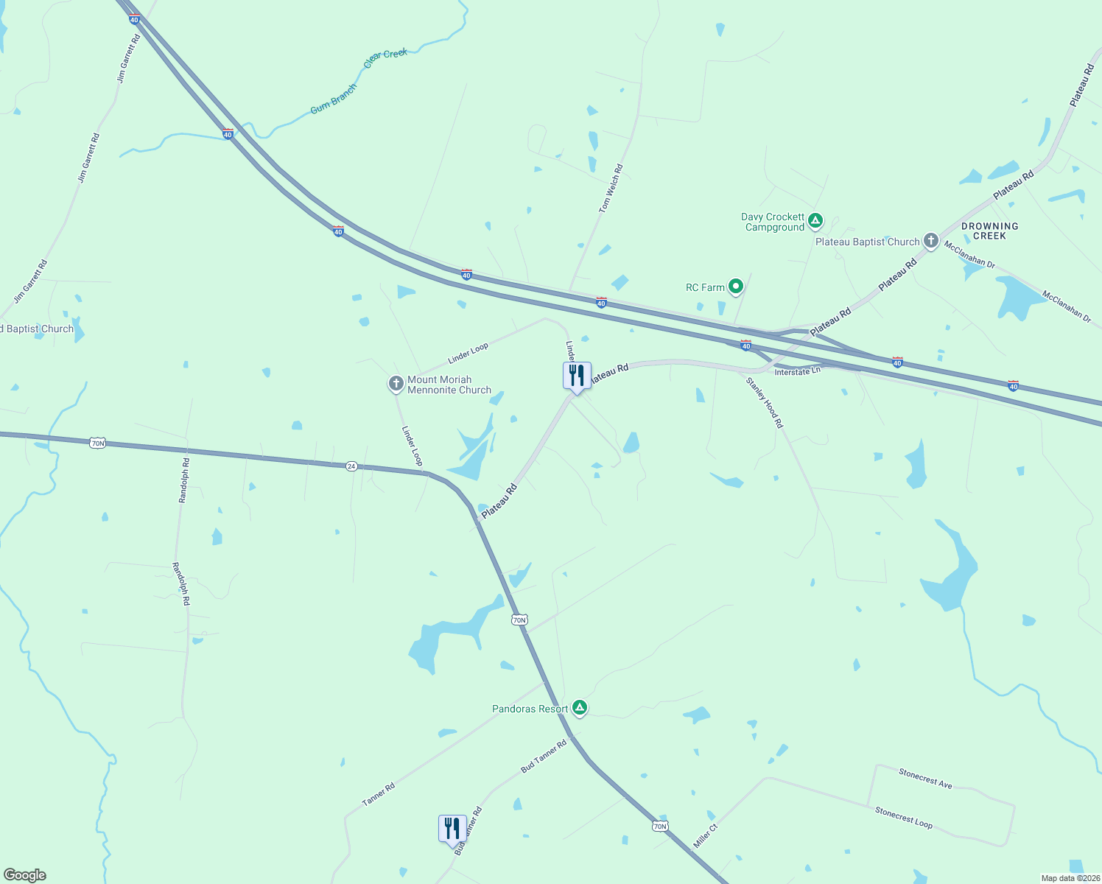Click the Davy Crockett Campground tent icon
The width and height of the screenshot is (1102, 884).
[815, 220]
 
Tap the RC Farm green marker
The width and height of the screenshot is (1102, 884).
[735, 287]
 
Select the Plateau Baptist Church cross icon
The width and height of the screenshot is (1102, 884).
[931, 240]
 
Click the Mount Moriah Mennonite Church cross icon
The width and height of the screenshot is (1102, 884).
[396, 383]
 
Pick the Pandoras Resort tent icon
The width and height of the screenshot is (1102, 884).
[580, 708]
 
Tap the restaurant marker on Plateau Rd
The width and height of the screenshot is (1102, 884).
[577, 376]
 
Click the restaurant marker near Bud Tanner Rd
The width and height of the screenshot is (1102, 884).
[452, 829]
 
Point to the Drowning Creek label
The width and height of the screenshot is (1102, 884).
[989, 231]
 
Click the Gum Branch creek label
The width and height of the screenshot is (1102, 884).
[334, 99]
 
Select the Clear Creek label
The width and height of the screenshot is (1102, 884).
[385, 58]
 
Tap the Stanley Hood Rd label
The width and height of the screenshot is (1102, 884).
[765, 403]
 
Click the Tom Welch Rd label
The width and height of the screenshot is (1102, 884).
[611, 189]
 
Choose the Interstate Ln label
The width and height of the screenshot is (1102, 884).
[797, 372]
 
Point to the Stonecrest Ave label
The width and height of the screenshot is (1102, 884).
[925, 778]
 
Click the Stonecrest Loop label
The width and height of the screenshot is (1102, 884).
[904, 818]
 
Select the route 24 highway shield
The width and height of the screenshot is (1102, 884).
[351, 466]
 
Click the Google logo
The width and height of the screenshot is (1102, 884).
[25, 875]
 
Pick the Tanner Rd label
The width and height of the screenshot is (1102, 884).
[379, 794]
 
